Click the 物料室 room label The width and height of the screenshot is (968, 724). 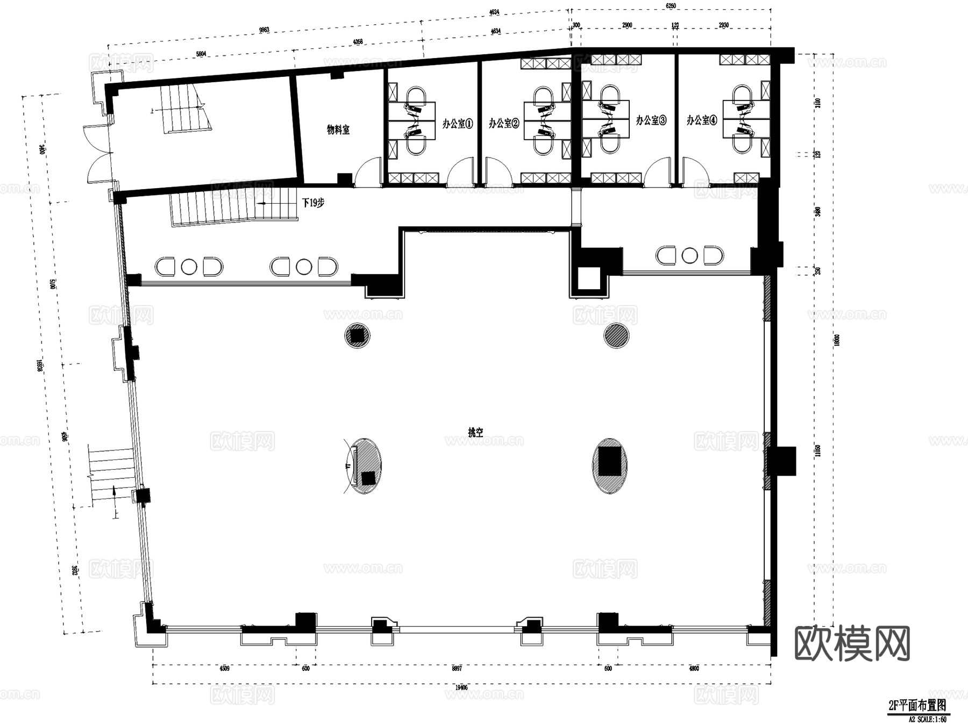[x=338, y=130]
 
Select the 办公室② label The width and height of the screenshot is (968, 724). [x=504, y=123]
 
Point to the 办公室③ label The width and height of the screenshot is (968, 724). [x=651, y=120]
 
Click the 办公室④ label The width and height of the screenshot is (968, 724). [x=701, y=120]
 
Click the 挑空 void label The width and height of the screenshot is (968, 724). [x=475, y=432]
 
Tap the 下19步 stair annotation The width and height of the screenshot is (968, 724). [x=313, y=203]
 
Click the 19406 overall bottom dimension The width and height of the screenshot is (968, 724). [x=460, y=687]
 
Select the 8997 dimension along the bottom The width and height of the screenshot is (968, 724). [x=457, y=668]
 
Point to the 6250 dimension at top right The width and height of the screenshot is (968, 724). [x=670, y=6]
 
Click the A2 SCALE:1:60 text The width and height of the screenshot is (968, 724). [x=927, y=719]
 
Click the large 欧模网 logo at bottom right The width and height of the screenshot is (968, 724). [x=852, y=643]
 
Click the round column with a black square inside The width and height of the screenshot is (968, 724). [x=357, y=335]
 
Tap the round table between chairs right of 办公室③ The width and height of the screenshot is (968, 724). [x=689, y=255]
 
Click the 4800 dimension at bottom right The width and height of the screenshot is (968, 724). [x=694, y=668]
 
